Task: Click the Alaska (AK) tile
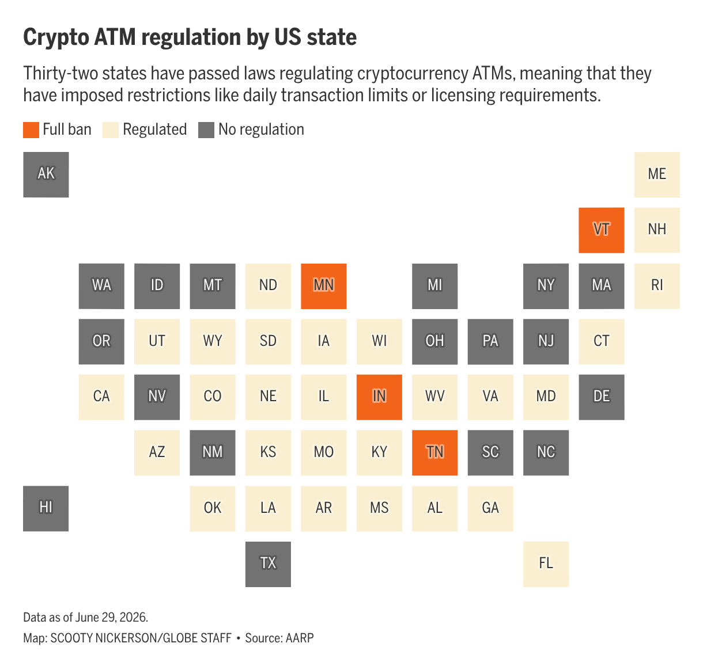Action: pos(46,174)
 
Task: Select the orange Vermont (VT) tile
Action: pos(601,230)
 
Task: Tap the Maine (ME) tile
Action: pos(656,174)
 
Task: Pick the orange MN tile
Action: pos(323,286)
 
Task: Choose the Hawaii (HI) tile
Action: pos(46,508)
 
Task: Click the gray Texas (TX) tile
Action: pos(268,564)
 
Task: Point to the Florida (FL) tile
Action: pos(546,564)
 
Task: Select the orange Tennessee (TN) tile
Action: pos(434,452)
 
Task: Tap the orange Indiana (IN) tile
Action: pos(379,397)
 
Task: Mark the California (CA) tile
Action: pos(101,397)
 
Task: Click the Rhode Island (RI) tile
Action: pos(656,286)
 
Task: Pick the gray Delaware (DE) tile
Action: pos(601,397)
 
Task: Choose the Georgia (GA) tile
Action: pos(490,508)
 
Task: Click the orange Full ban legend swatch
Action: pos(31,130)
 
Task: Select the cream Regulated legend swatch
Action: pos(111,130)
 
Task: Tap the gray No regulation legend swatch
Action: pos(206,130)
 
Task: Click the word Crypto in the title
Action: pos(56,38)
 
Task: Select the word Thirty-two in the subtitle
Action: pos(60,74)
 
